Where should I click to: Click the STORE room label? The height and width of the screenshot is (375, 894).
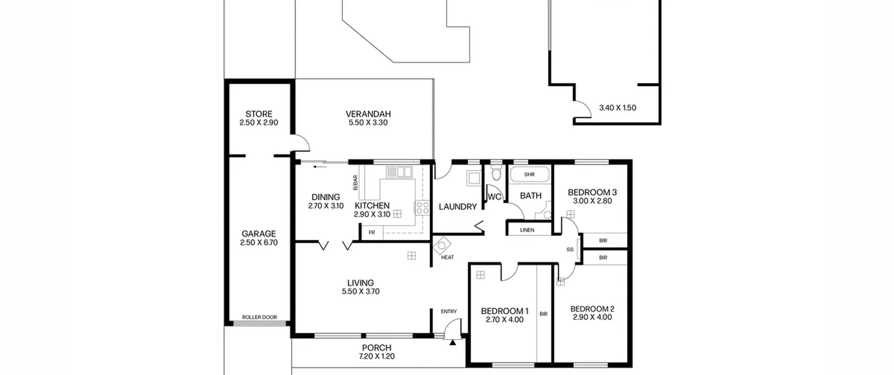click(x=259, y=114)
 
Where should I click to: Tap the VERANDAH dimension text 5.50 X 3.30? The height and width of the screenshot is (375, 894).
click(x=368, y=122)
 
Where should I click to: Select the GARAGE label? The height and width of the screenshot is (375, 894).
click(x=259, y=234)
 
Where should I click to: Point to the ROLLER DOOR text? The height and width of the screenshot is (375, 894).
click(x=259, y=317)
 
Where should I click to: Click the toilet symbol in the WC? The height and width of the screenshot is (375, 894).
click(x=496, y=173)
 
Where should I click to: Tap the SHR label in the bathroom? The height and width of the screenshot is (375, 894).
click(x=529, y=174)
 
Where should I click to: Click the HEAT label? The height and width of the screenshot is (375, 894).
click(x=447, y=257)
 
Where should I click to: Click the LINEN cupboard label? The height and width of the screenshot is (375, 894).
click(x=527, y=230)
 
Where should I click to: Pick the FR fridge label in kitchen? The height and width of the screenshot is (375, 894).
click(x=372, y=232)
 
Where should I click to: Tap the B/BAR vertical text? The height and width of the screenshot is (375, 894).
click(x=356, y=182)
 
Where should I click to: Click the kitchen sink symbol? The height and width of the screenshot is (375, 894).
click(x=399, y=172)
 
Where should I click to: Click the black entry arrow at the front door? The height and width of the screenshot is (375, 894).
click(x=453, y=343)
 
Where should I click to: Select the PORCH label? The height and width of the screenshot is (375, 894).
click(x=376, y=348)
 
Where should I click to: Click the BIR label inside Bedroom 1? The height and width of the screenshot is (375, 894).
click(x=543, y=314)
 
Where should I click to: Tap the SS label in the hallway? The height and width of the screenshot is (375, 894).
click(x=570, y=249)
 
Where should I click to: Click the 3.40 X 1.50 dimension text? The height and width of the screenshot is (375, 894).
click(x=618, y=108)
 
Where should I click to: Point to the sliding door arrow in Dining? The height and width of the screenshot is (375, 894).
click(x=320, y=167)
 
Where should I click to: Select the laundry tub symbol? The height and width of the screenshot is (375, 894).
click(x=474, y=178)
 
